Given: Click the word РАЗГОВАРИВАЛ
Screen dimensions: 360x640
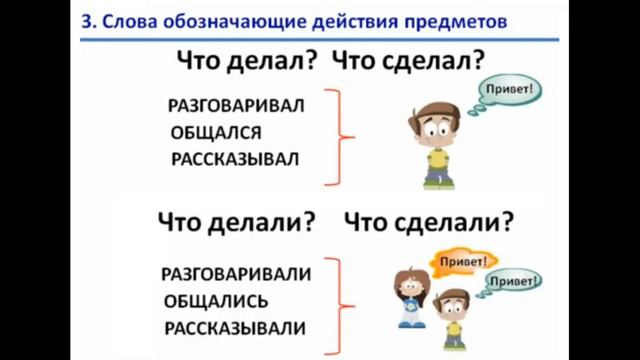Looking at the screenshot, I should coord(235,104).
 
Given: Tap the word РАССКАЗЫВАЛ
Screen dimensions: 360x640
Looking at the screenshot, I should coord(235,158).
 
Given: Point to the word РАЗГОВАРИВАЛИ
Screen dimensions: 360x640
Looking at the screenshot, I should coord(235,273).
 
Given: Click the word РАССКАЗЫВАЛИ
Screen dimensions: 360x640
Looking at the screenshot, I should coord(235,327).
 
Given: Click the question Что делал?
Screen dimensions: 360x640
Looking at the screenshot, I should coord(246,63).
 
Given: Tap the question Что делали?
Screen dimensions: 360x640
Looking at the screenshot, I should coord(235,219).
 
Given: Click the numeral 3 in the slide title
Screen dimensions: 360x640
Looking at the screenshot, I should coord(87,19).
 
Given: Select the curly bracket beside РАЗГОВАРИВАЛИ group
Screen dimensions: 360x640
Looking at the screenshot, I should coord(342,299).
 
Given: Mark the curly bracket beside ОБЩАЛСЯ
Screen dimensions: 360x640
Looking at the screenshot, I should coord(342,135).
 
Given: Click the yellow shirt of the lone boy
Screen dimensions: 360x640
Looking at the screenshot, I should coord(436,160).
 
